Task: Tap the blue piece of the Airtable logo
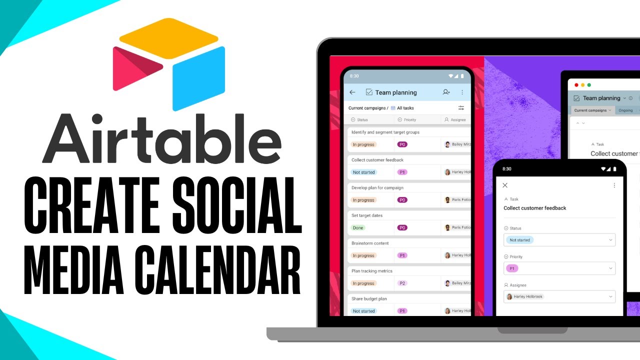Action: click(198, 77)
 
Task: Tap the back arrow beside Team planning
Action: click(352, 92)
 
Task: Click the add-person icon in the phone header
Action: click(446, 92)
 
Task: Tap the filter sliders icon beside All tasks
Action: click(461, 108)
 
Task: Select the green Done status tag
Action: click(358, 227)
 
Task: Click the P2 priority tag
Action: click(402, 283)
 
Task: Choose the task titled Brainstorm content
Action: click(370, 243)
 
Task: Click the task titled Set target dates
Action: click(367, 215)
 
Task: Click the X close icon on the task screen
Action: click(505, 185)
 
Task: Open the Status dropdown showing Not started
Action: click(559, 240)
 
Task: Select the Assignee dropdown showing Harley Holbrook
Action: click(559, 296)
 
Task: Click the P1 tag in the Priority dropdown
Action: click(512, 268)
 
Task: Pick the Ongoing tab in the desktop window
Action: click(625, 110)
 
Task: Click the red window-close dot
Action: click(576, 85)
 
